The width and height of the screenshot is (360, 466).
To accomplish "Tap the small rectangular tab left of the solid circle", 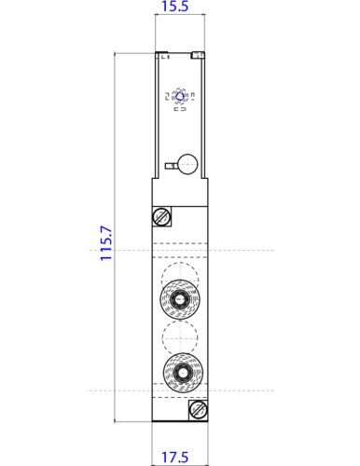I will (170, 165).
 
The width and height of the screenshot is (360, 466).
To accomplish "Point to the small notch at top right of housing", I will (198, 56).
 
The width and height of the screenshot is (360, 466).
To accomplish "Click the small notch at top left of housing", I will (161, 54).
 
